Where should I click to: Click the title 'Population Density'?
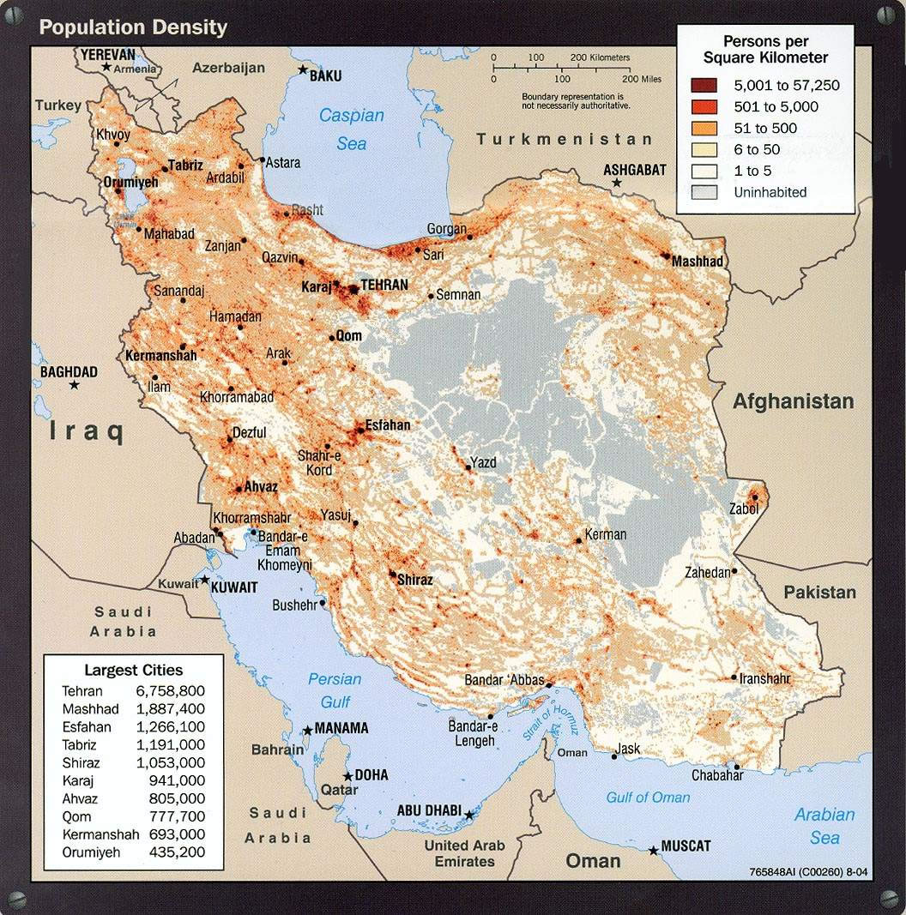tap(133, 27)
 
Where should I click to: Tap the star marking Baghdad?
tap(75, 386)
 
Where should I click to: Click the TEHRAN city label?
tap(384, 285)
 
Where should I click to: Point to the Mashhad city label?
tap(698, 262)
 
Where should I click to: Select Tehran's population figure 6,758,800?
tap(170, 691)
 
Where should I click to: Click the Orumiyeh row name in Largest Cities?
tap(91, 852)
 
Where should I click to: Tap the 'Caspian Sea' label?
tap(352, 129)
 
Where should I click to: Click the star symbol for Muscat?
tap(654, 850)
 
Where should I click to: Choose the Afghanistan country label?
tap(793, 401)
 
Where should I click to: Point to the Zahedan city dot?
tap(735, 572)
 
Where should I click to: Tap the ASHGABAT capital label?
tap(634, 170)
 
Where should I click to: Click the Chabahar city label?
tap(717, 776)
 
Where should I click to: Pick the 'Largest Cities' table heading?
tap(133, 670)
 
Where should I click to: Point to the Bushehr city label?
tap(294, 605)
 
